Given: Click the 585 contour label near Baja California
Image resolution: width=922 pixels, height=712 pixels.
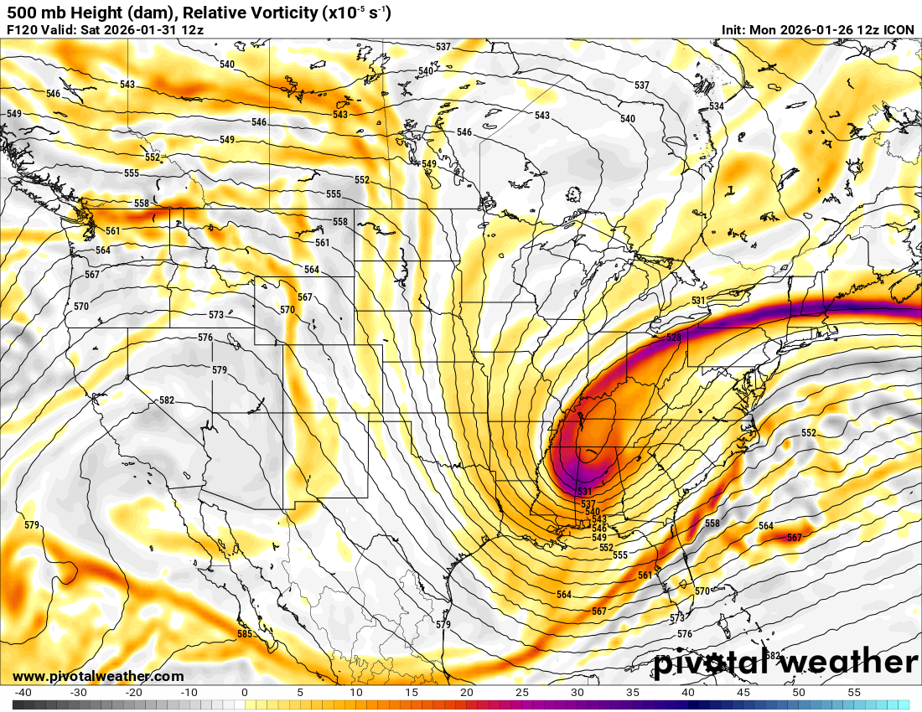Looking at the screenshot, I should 244,634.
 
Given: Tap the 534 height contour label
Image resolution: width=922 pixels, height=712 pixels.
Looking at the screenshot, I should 716,106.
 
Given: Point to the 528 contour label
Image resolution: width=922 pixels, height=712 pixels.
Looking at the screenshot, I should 673,338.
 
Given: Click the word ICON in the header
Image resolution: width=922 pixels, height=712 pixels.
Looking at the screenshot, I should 899,29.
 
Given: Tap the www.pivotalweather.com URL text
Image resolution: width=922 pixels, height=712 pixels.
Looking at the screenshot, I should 98,676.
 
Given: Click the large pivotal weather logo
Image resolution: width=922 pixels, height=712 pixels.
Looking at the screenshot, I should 785,663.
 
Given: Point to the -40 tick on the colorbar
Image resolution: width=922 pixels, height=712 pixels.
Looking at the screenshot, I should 23,693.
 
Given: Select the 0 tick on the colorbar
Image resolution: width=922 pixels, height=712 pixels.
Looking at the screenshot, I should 244,693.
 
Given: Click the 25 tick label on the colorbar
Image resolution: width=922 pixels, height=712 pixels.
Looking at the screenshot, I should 521,693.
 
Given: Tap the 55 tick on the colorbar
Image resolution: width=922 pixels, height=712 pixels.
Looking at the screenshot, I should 854,693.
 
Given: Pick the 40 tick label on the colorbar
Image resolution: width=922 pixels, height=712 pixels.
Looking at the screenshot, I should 688,693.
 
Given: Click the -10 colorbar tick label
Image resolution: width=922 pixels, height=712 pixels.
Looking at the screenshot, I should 189,693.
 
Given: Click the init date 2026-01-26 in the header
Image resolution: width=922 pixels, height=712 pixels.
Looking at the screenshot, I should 813,29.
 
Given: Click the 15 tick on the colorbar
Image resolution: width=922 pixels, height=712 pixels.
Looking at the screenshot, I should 411,693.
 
